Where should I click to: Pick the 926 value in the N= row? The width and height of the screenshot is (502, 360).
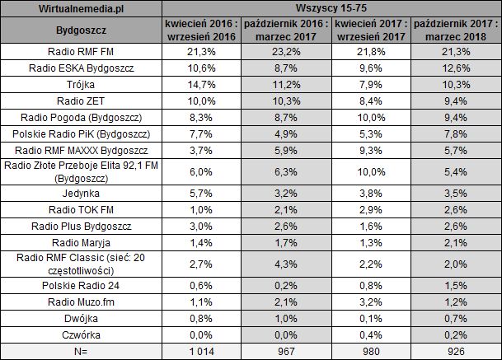pos(455,351)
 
